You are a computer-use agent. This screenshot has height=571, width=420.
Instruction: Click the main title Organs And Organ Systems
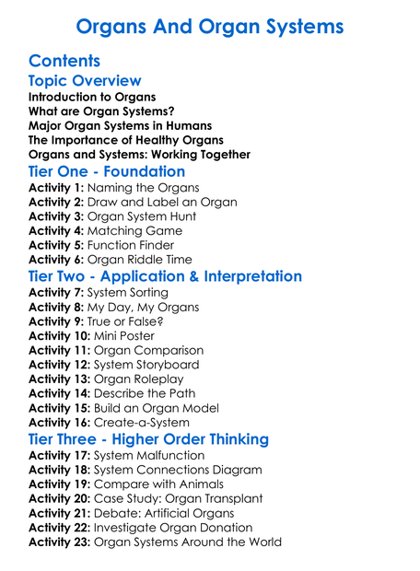point(210,26)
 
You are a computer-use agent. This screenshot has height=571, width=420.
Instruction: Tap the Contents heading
point(64,62)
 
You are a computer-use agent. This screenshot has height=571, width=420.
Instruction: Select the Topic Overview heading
point(85,82)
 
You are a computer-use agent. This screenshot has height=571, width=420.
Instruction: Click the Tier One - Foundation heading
point(107,172)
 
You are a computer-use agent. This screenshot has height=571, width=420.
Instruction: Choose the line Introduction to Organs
point(92,98)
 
